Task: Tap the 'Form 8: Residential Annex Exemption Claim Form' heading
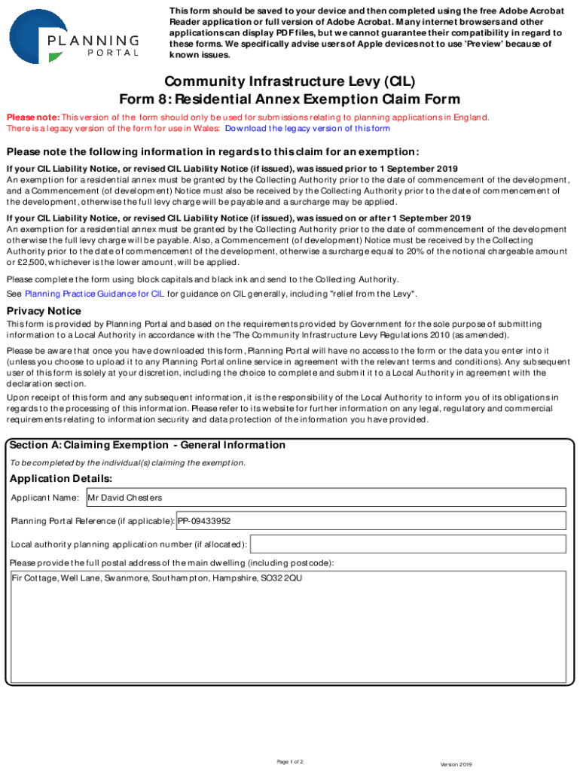pyautogui.click(x=290, y=99)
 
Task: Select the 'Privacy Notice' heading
pyautogui.click(x=44, y=311)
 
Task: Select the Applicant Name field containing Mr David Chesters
pyautogui.click(x=326, y=498)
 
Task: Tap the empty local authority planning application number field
pyautogui.click(x=408, y=544)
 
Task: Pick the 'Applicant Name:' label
pyautogui.click(x=44, y=498)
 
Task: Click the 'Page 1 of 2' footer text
pyautogui.click(x=290, y=762)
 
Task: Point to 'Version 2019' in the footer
pyautogui.click(x=456, y=764)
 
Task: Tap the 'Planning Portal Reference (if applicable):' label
pyautogui.click(x=92, y=521)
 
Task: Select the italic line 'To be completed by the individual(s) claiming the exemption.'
pyautogui.click(x=127, y=462)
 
